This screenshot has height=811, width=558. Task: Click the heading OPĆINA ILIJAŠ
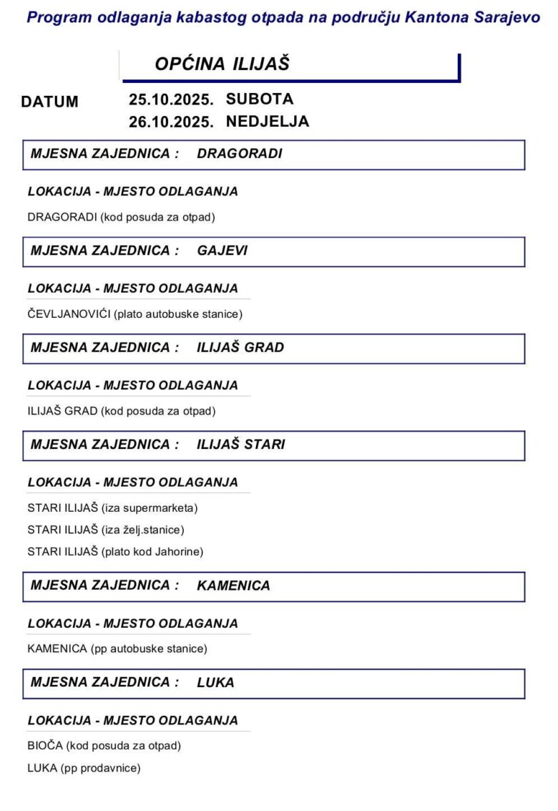tap(222, 64)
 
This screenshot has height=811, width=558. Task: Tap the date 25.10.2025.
tap(171, 99)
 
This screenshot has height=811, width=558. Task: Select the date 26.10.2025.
tap(171, 122)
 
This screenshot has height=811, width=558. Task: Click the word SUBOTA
tap(260, 98)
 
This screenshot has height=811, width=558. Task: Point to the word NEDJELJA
tap(268, 121)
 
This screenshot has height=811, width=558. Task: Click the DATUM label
tap(49, 102)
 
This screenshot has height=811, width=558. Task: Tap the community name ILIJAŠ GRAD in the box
tap(240, 347)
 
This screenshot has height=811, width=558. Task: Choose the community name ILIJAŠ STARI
tap(241, 444)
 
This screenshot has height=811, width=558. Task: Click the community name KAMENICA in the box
tap(233, 586)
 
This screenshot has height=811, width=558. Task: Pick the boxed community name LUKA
tap(215, 682)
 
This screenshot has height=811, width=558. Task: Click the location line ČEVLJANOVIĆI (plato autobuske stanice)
tap(134, 314)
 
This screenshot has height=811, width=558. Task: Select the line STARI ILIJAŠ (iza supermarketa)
tap(112, 508)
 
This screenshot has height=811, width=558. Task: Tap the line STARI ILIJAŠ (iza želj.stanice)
tap(106, 530)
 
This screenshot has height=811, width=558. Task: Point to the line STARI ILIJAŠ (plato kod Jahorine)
tap(115, 551)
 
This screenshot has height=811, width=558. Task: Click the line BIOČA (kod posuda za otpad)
tap(104, 745)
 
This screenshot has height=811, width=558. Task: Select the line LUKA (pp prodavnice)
tap(84, 767)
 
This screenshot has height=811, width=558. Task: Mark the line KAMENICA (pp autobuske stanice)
tap(117, 649)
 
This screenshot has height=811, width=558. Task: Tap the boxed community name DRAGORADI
tap(240, 153)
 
